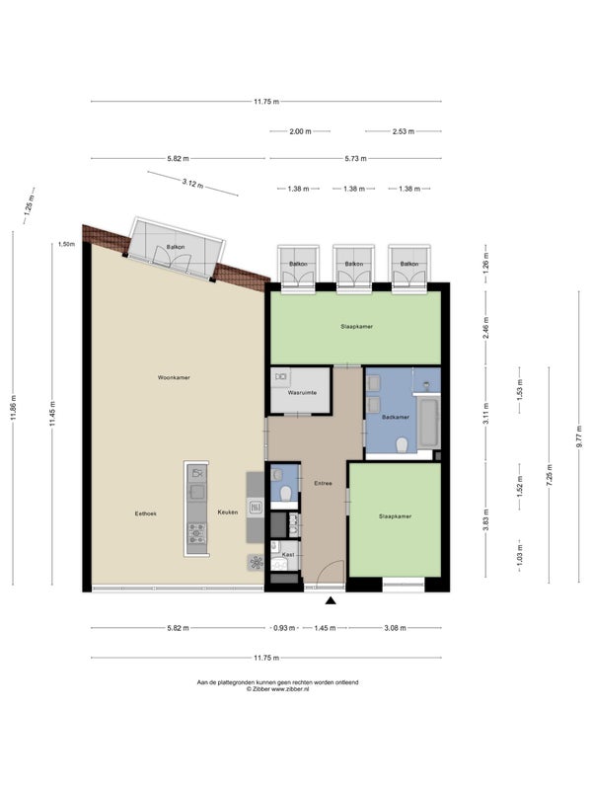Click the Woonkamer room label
[x=174, y=377]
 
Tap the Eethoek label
[x=145, y=513]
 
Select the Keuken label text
[x=228, y=513]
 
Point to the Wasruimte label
[x=302, y=392]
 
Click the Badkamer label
[x=396, y=417]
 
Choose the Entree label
[x=323, y=483]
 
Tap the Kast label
[x=288, y=554]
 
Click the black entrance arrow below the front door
[x=331, y=600]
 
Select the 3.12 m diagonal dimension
[x=192, y=183]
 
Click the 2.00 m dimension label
[x=300, y=131]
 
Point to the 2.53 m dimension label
[x=404, y=131]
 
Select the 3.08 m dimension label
[x=396, y=628]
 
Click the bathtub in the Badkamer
[x=428, y=423]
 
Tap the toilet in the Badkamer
[x=402, y=445]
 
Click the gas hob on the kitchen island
[x=196, y=533]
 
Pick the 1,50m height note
[x=66, y=244]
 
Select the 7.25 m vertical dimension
[x=550, y=475]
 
